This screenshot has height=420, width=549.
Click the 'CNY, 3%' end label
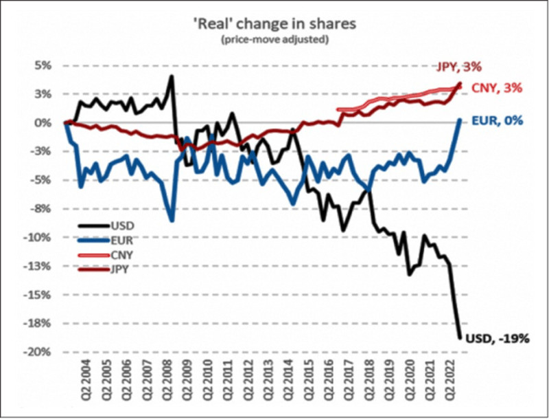coord(498,88)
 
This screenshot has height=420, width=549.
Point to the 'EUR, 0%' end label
coord(498,121)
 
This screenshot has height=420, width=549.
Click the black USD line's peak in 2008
coord(171,76)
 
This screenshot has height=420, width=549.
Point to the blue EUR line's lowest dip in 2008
coord(172,221)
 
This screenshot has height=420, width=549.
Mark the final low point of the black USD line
coord(459,337)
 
